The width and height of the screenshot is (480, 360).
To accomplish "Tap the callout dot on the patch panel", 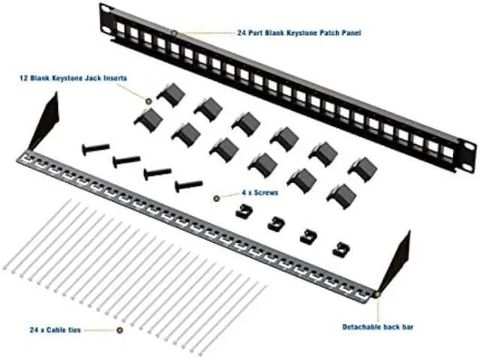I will [x=174, y=34].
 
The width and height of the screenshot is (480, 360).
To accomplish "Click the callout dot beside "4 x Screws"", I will [x=216, y=198].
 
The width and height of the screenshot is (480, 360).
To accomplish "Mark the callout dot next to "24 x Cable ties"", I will [x=120, y=330].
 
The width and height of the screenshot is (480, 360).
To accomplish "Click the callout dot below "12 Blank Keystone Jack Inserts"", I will [x=148, y=100].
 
